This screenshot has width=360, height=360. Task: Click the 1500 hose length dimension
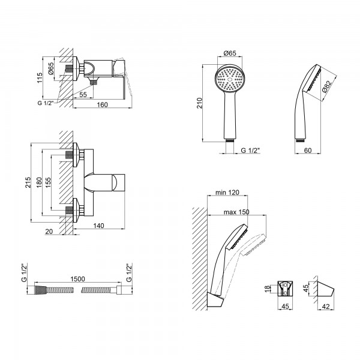(x=77, y=279)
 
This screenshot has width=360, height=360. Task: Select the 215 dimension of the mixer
(x=28, y=182)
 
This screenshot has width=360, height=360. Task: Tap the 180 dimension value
(x=39, y=182)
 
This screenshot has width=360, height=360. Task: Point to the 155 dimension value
(x=48, y=182)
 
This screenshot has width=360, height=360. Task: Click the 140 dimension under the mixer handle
(x=99, y=226)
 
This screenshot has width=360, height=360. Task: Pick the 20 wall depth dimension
(x=49, y=232)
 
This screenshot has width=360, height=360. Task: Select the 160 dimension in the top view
(x=102, y=104)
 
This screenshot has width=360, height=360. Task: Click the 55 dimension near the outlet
(x=83, y=94)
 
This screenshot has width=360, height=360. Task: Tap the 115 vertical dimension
(x=40, y=78)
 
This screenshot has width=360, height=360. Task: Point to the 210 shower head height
(x=199, y=103)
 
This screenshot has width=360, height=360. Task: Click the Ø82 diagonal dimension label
(x=327, y=86)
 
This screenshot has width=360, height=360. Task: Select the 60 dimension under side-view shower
(x=308, y=150)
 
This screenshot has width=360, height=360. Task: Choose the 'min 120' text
(x=227, y=192)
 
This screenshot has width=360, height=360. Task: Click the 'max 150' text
(x=236, y=212)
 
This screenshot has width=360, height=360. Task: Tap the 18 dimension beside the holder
(x=268, y=289)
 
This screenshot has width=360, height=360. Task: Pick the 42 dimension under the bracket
(x=326, y=306)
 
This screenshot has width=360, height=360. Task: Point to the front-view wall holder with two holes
(x=285, y=288)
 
